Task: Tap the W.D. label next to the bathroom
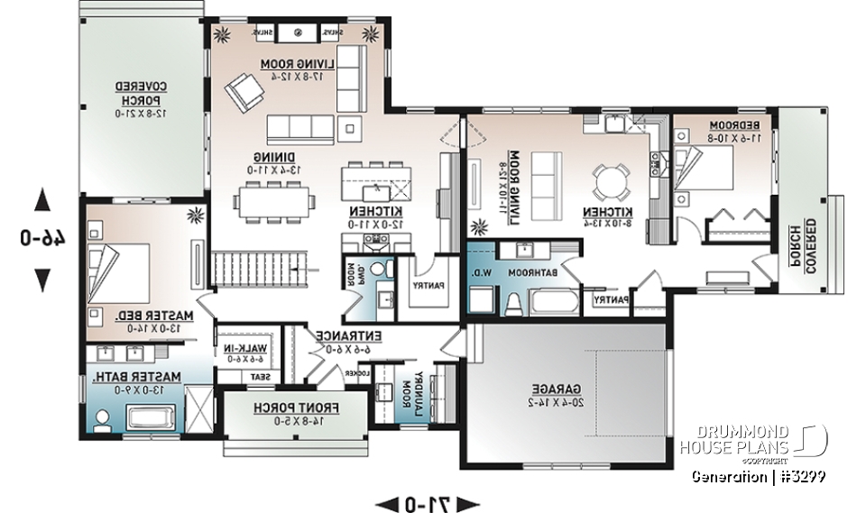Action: tap(478, 271)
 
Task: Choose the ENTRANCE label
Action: tap(348, 341)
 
